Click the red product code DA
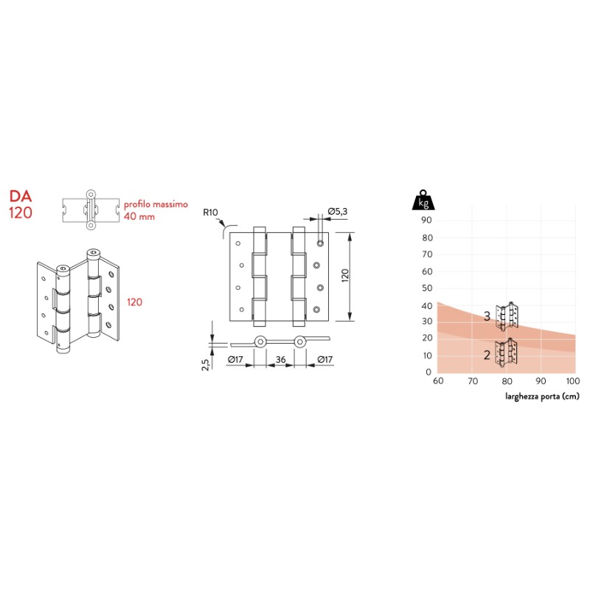(x=19, y=197)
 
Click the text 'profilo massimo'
(x=156, y=204)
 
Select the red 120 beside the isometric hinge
(x=134, y=302)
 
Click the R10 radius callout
(x=212, y=214)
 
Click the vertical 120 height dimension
(x=344, y=277)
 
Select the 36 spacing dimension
(x=280, y=359)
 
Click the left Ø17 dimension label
(x=236, y=359)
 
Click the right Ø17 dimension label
(x=325, y=359)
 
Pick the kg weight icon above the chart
(x=423, y=201)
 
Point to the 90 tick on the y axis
(x=426, y=220)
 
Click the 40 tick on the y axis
(x=426, y=305)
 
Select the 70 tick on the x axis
(x=471, y=381)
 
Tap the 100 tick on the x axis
(x=572, y=381)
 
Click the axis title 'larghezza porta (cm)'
(x=542, y=396)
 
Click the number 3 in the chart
(x=487, y=316)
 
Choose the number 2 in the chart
(x=487, y=355)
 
